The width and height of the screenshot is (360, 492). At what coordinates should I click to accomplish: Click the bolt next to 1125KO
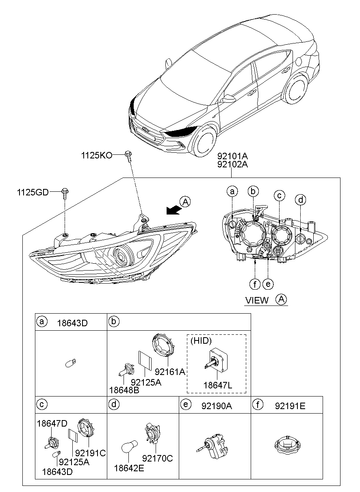pyautogui.click(x=128, y=155)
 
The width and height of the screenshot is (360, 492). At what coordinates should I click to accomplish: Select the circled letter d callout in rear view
pyautogui.click(x=301, y=200)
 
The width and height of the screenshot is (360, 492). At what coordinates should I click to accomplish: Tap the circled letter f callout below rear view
pyautogui.click(x=254, y=284)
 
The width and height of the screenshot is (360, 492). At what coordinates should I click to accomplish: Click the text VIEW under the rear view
pyautogui.click(x=257, y=300)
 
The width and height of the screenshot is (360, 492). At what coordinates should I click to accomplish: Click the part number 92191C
pyautogui.click(x=90, y=453)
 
